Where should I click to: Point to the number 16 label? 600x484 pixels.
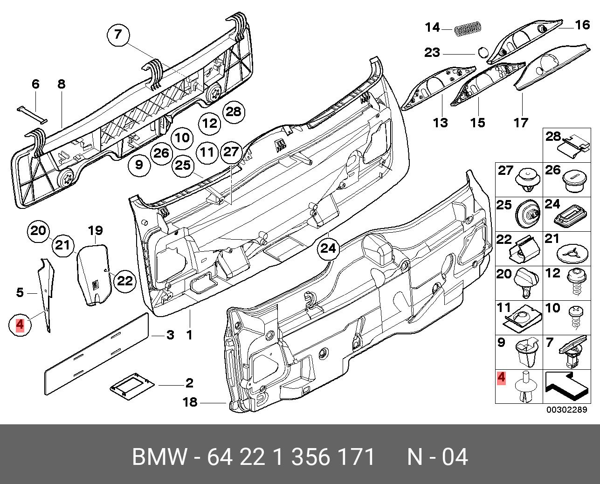[x=582, y=25]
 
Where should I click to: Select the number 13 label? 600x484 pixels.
[x=440, y=123]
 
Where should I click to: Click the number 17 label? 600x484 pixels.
[x=521, y=123]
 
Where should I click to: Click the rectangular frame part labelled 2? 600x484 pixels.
[x=132, y=385]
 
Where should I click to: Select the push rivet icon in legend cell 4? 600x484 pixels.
[x=525, y=388]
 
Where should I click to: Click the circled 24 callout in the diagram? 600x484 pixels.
[x=328, y=249]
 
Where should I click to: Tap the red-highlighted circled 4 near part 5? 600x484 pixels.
[x=20, y=325]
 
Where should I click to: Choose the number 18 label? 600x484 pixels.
[x=190, y=401]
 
